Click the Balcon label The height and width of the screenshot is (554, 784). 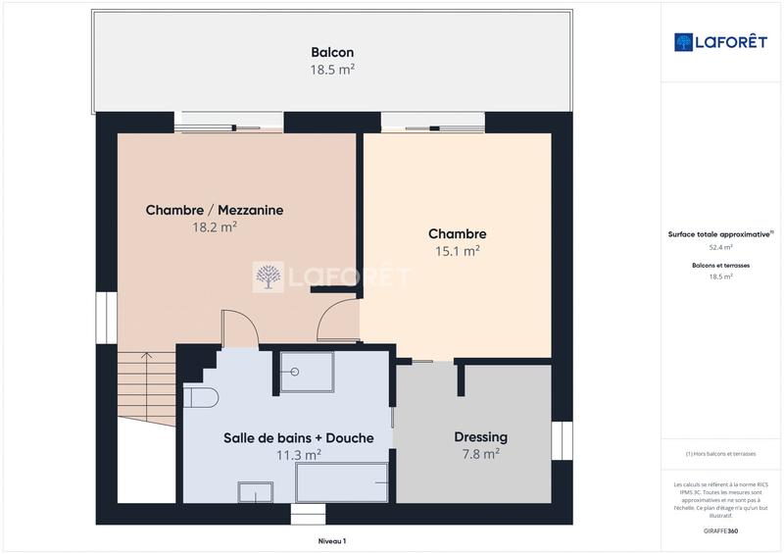pos(332,53)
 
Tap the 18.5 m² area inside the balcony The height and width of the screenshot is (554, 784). pos(332,70)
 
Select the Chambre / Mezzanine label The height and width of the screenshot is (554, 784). pos(215,210)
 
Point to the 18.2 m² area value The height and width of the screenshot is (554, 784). pos(215,227)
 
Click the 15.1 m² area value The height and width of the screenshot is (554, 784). pos(457,251)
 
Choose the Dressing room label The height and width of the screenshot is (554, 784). pos(480,436)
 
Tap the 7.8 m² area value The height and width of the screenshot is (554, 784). pos(480,453)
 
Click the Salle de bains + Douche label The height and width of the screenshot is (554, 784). pos(298,437)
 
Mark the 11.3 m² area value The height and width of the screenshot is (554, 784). pos(298,454)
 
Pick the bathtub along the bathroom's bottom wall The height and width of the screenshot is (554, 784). pos(342,482)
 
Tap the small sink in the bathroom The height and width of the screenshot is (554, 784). pos(256,491)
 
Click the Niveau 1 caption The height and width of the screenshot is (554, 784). pos(332,540)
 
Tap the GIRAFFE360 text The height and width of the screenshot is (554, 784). pos(720,530)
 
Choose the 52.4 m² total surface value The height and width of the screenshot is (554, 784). pos(720,248)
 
